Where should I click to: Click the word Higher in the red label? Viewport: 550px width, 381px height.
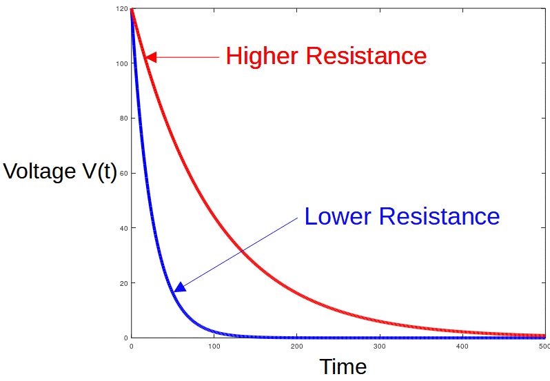pos(263,56)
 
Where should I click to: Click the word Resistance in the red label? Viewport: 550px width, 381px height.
pos(366,56)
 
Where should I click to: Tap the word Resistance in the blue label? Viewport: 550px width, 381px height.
pos(439,216)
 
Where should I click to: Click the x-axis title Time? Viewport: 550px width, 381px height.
pos(343,366)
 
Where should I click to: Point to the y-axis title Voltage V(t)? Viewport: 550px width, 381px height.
pos(60,171)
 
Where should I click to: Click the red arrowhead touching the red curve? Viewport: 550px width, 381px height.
pos(151,57)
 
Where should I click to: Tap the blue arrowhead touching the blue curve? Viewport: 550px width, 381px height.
pos(180,287)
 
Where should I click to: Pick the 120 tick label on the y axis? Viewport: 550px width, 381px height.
pos(122,9)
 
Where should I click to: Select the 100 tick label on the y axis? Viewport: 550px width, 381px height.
pos(122,63)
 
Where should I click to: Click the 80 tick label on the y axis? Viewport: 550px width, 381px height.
pos(123,118)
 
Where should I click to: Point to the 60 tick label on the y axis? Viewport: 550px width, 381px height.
pos(123,173)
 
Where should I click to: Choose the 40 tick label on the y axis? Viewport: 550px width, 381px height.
pos(123,228)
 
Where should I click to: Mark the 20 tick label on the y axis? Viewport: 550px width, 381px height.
pos(123,283)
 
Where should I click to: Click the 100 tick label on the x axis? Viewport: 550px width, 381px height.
pos(214,346)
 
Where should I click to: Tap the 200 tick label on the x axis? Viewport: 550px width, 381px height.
pos(296,346)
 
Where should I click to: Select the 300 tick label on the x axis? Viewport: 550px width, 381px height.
pos(379,346)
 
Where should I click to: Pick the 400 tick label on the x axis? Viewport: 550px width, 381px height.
pos(462,346)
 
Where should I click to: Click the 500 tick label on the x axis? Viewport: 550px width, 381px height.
pos(543,346)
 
